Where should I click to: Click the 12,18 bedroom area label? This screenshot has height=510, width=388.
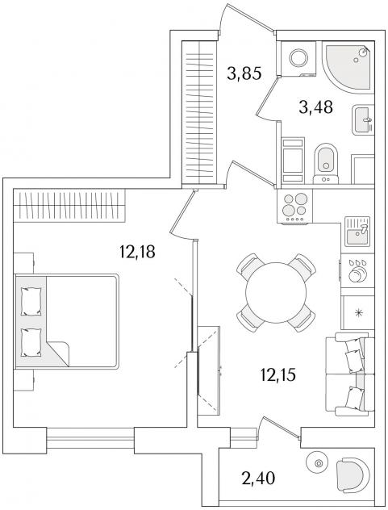click(x=137, y=252)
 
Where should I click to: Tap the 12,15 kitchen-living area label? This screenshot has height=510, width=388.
click(x=277, y=374)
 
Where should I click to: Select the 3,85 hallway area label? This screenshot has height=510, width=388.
click(x=244, y=73)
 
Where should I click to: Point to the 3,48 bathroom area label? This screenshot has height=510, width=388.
click(x=315, y=107)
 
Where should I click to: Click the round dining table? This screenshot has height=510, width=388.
click(x=276, y=292)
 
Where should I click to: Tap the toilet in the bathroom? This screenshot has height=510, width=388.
click(x=326, y=164)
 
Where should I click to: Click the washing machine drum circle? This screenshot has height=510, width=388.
click(x=298, y=58)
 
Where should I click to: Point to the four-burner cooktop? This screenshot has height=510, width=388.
click(x=294, y=207)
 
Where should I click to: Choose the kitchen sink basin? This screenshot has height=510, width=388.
click(x=357, y=232)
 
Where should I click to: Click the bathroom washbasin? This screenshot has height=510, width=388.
click(x=363, y=120)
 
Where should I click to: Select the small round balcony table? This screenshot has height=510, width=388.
click(x=319, y=463)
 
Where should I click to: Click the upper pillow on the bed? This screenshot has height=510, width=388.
click(x=31, y=301)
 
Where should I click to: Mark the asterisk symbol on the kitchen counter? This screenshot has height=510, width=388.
click(x=359, y=313)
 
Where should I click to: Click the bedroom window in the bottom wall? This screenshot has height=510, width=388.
click(x=90, y=439)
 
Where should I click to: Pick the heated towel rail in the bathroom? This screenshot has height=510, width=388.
click(x=293, y=161)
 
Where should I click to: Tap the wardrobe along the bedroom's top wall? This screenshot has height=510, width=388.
click(x=69, y=205)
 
